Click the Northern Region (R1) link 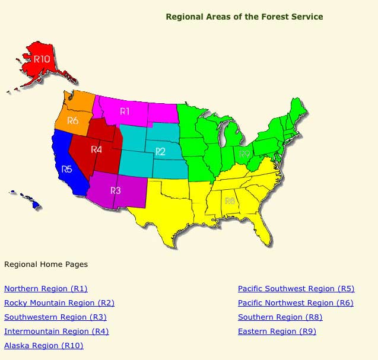click(x=46, y=289)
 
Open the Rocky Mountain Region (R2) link click(x=59, y=303)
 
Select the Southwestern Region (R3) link click(x=55, y=317)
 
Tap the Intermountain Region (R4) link click(x=56, y=332)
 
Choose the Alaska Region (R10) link click(x=44, y=346)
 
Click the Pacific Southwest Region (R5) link click(x=296, y=289)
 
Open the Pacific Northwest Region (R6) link click(x=296, y=303)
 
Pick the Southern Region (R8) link click(x=280, y=317)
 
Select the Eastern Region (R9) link click(x=277, y=332)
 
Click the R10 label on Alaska click(x=42, y=59)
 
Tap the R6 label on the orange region click(x=73, y=120)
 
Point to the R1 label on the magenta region click(x=125, y=111)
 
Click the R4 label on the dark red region click(x=97, y=149)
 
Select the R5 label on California click(x=66, y=169)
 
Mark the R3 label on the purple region click(x=115, y=190)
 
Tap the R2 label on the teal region click(x=160, y=152)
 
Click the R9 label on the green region click(x=244, y=154)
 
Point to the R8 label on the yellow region click(x=230, y=201)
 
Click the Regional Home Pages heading click(x=46, y=264)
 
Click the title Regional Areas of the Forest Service click(x=244, y=17)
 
